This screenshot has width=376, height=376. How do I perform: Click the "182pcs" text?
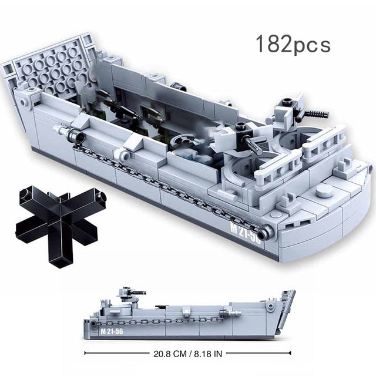coord(293,45)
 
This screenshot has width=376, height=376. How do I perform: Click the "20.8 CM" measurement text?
coord(171,353)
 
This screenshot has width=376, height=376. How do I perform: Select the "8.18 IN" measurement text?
coord(206,353)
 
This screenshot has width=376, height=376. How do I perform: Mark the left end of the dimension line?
coord(86,353)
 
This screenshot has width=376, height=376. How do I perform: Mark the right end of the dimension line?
coord(290,353)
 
